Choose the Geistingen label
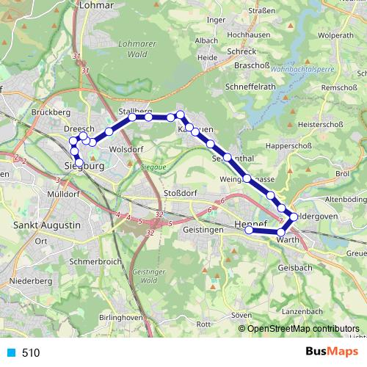(203, 230)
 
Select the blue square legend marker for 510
(10, 352)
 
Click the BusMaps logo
(330, 352)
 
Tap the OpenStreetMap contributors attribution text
(303, 329)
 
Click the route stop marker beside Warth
(281, 231)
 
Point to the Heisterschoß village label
(319, 125)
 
